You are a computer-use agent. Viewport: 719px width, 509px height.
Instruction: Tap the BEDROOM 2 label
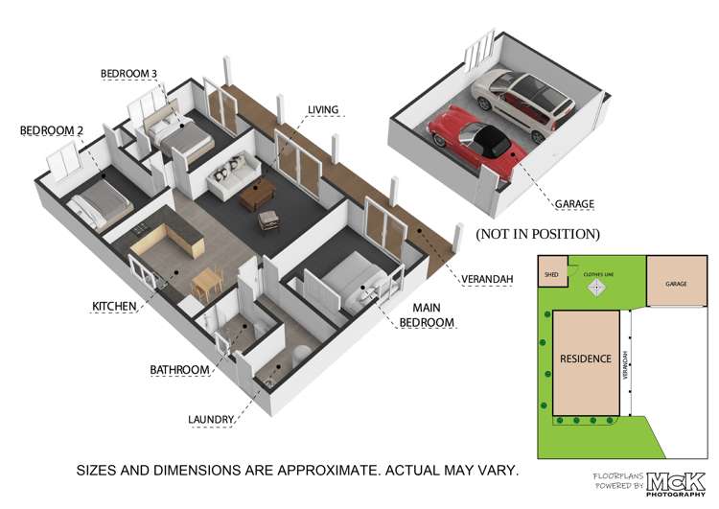coord(47,129)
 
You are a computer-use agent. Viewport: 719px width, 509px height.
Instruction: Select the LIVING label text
coord(322,110)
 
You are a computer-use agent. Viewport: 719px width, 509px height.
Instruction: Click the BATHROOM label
coord(179,370)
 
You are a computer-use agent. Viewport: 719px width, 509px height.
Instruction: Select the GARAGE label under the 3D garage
coord(575,204)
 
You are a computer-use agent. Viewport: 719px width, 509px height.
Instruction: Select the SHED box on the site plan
coord(551,271)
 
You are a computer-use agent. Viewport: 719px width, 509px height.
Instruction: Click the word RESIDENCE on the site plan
coord(586,359)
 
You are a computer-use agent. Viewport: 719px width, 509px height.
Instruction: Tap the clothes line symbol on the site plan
coord(596,285)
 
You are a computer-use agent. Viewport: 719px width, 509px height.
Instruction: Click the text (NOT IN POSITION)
coord(538,234)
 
